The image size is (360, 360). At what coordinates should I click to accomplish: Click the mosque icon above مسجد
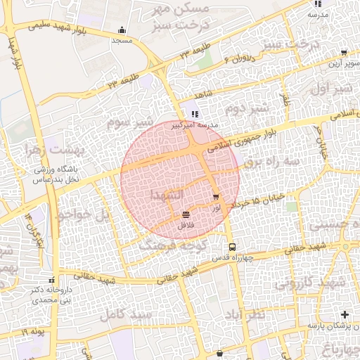pos(122,30)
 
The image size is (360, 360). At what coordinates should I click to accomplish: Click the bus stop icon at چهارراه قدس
pos(232,247)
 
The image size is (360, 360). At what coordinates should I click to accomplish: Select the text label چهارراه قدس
pos(231,258)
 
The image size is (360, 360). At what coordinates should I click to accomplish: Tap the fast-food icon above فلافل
pos(186,215)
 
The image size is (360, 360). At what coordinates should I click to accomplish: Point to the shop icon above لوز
pos(215,198)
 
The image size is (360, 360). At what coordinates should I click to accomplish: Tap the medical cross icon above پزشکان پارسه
pos(345,314)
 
